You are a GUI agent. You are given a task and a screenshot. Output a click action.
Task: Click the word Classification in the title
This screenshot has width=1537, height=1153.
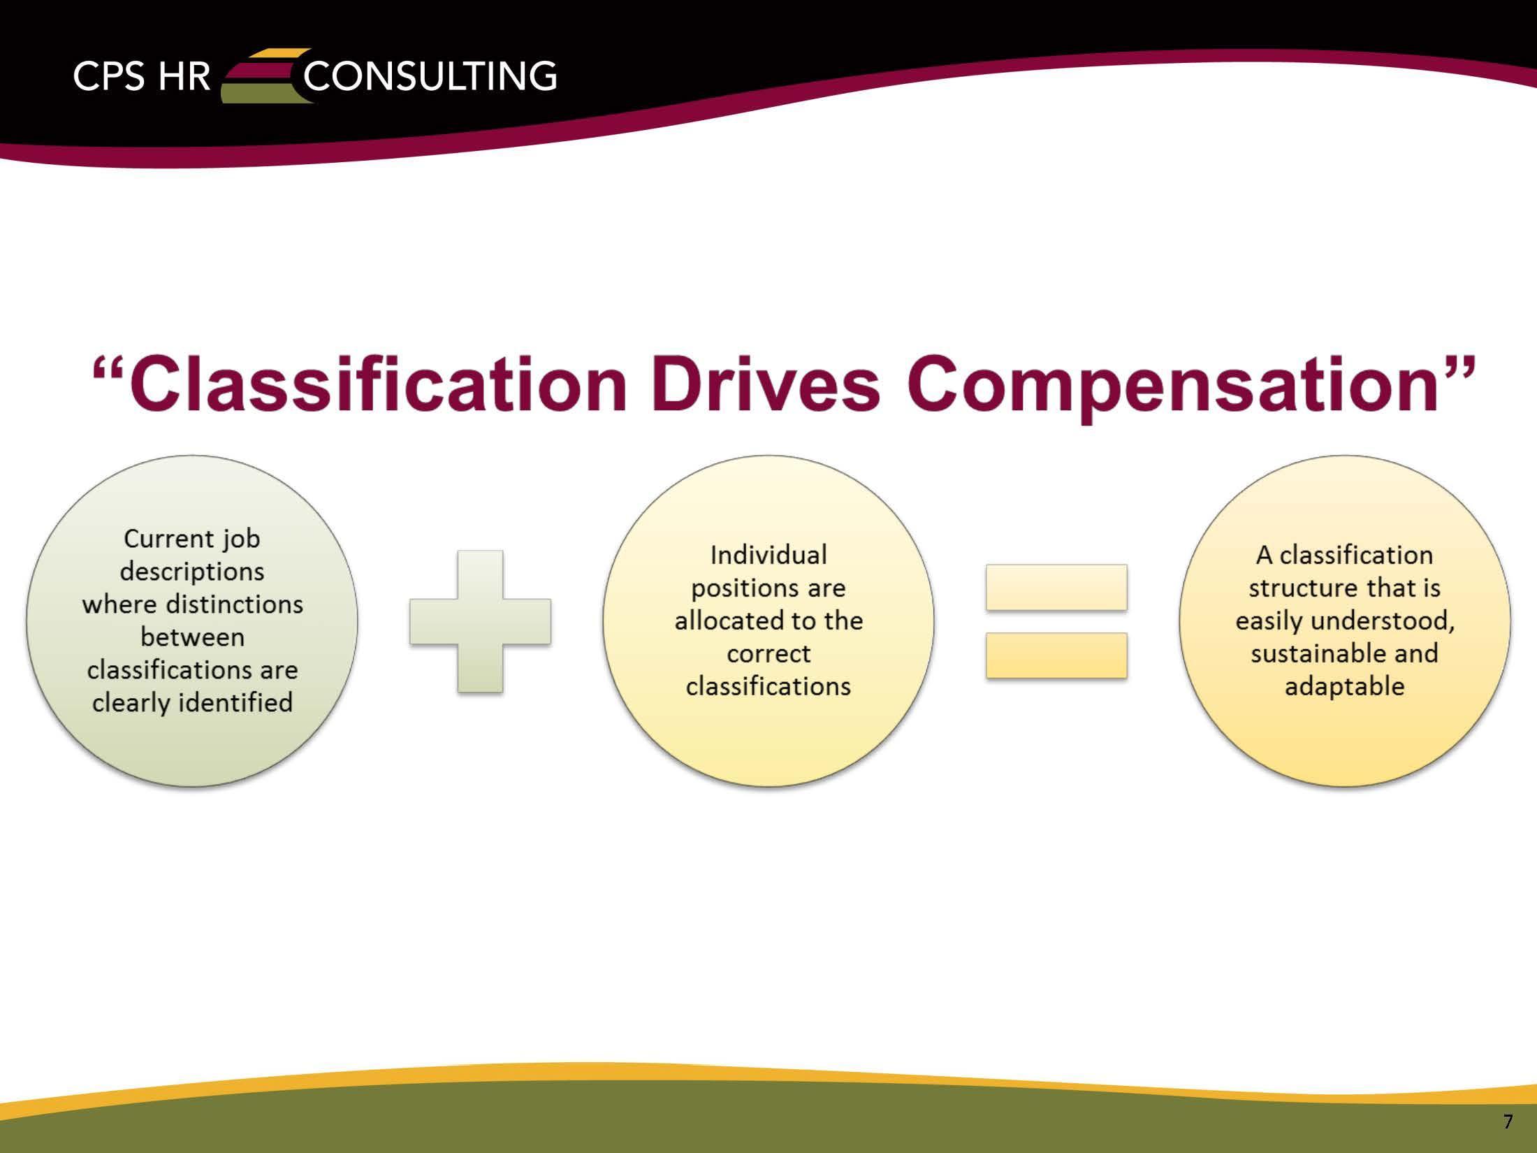[377, 385]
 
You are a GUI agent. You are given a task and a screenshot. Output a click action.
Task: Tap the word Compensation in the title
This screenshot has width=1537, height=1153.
[1181, 385]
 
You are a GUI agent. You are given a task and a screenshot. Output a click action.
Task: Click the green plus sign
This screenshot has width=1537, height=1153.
[481, 621]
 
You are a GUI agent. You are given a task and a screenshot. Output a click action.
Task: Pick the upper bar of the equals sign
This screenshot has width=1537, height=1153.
[1056, 587]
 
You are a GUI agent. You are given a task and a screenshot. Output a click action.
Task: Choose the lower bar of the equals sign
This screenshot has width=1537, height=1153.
[1056, 655]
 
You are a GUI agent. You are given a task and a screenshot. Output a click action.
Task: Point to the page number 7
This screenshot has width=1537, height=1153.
[1508, 1122]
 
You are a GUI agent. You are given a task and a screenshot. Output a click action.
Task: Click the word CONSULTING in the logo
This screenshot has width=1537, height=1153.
[430, 76]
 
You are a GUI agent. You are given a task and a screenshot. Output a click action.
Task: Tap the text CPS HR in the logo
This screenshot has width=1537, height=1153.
[141, 76]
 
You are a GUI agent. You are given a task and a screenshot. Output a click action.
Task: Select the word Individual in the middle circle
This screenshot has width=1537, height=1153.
[768, 556]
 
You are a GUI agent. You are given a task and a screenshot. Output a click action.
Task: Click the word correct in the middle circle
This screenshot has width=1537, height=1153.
[768, 654]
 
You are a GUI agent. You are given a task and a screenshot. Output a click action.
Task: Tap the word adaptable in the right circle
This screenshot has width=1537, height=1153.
[1344, 687]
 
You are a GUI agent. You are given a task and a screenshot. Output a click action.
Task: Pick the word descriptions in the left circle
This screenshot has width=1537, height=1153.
[192, 572]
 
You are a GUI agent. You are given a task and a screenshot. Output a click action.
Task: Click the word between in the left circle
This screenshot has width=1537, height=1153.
[192, 637]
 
